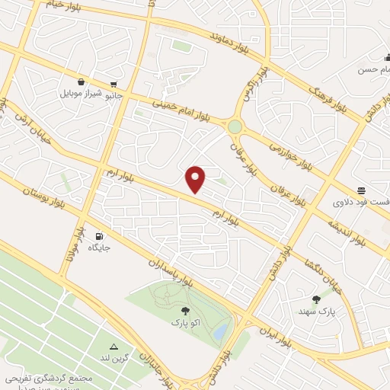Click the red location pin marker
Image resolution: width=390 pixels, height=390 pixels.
tap(197, 178)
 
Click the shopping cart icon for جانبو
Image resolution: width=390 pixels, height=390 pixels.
tap(113, 85)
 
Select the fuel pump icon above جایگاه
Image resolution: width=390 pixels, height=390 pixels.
tap(98, 235)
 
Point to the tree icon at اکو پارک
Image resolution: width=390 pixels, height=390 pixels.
tap(185, 310)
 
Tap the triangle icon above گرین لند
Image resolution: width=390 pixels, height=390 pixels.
tap(113, 347)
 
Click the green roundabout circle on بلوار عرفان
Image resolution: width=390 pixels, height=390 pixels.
tap(235, 126)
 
